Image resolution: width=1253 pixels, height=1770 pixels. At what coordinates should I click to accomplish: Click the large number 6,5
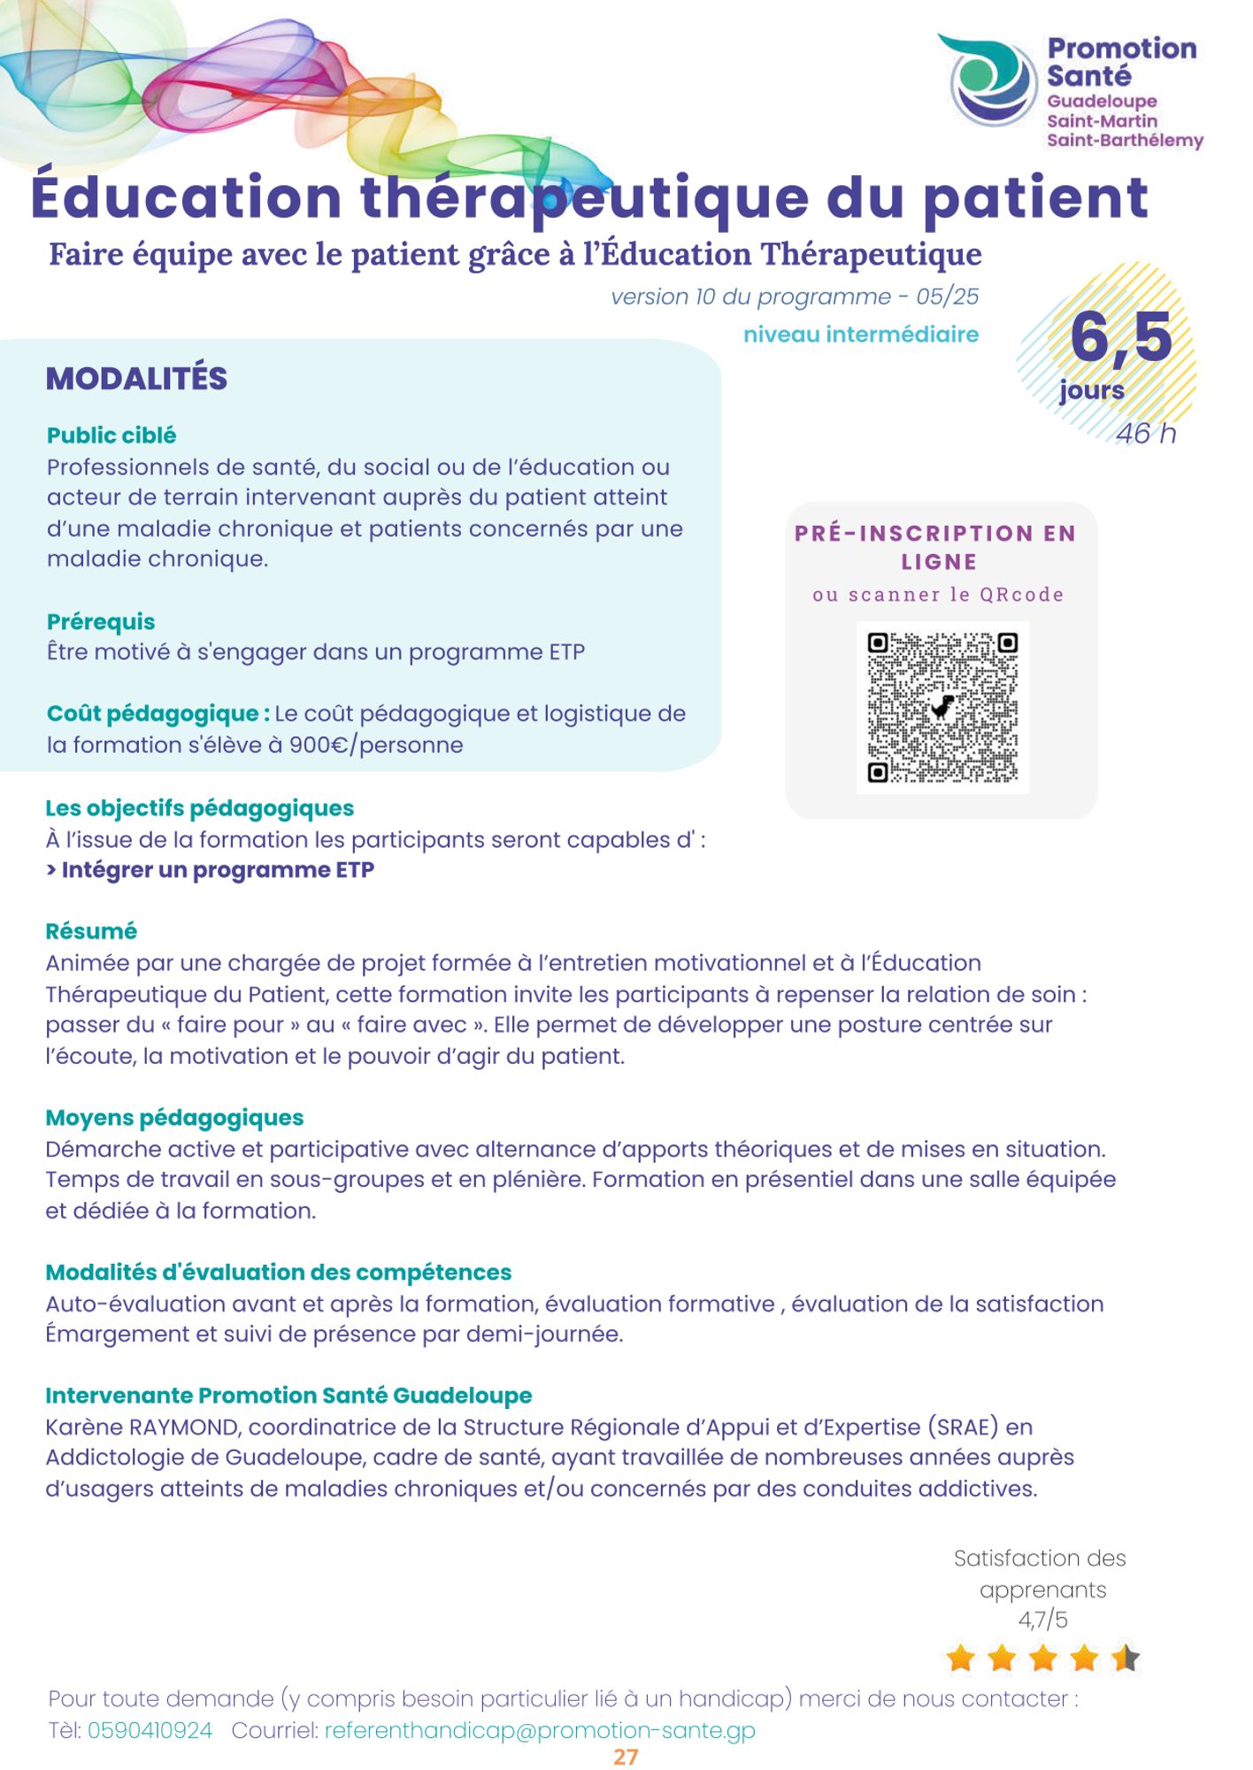click(x=1120, y=338)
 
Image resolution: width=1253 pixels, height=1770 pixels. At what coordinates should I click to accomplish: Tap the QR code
click(x=942, y=707)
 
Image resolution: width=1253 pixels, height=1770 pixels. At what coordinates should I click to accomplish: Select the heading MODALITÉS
click(x=136, y=379)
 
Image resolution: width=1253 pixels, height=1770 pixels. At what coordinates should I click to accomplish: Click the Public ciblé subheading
click(x=111, y=435)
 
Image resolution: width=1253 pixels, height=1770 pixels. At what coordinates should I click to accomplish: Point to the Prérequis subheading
click(x=101, y=621)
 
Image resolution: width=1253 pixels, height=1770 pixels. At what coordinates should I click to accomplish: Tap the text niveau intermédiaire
click(x=860, y=335)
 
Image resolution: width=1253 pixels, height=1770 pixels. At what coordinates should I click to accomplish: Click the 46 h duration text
click(x=1145, y=434)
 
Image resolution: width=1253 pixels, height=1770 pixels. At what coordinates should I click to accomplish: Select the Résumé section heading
click(x=91, y=931)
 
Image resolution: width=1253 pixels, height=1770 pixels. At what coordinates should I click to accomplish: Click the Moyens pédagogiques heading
click(x=174, y=1118)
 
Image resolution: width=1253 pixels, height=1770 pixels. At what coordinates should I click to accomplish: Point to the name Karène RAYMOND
click(x=142, y=1427)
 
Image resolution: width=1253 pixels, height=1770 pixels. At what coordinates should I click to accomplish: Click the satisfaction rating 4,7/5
click(x=1042, y=1620)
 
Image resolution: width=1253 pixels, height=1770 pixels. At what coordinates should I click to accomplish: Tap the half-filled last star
click(x=1126, y=1658)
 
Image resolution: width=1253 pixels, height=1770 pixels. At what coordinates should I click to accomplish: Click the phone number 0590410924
click(x=150, y=1730)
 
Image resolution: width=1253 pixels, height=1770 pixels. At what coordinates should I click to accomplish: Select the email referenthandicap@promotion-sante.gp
click(x=540, y=1730)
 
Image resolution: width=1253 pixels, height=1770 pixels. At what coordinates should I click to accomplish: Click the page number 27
click(x=626, y=1757)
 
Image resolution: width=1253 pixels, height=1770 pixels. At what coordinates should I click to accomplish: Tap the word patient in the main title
click(x=1035, y=197)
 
